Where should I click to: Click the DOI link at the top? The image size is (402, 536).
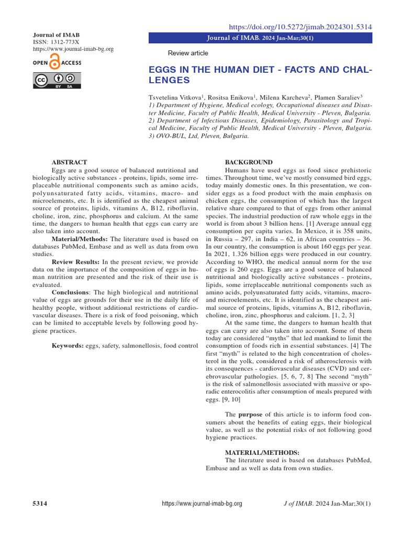pos(301,26)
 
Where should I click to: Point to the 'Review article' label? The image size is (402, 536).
pos(187,53)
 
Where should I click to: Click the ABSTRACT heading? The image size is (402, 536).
pos(69,162)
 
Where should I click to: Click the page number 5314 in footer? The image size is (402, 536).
pos(40,504)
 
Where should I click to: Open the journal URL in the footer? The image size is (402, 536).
pos(202,504)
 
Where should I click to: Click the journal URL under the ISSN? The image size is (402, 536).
pos(73,49)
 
